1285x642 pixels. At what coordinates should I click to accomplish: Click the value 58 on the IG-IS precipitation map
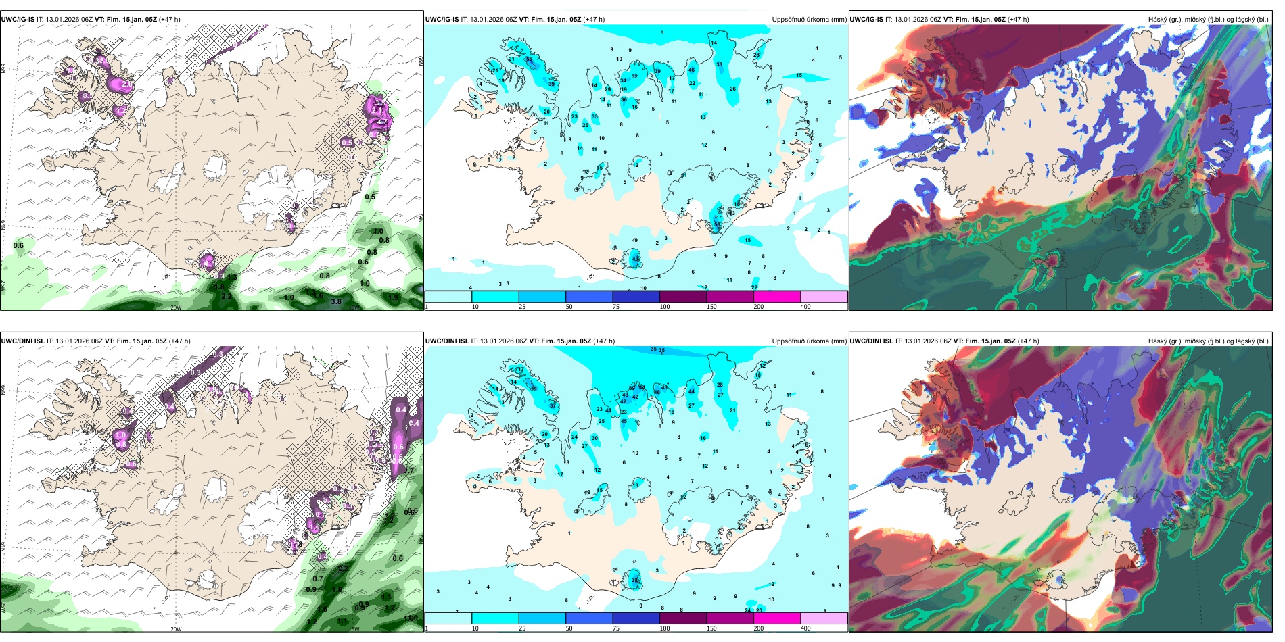pyautogui.click(x=529, y=59)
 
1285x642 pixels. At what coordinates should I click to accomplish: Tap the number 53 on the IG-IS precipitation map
pyautogui.click(x=718, y=225)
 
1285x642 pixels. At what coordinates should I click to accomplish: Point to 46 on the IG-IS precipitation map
pyautogui.click(x=691, y=70)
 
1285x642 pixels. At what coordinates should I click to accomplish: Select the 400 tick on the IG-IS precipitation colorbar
pyautogui.click(x=805, y=307)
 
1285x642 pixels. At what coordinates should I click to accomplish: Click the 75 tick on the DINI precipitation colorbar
pyautogui.click(x=616, y=628)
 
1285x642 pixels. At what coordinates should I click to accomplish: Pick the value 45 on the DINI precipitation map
pyautogui.click(x=624, y=421)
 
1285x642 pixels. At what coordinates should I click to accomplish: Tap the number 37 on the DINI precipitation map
pyautogui.click(x=553, y=405)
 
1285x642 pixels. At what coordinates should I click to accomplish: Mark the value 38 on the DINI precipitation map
pyautogui.click(x=635, y=581)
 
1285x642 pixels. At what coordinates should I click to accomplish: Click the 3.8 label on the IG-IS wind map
pyautogui.click(x=336, y=302)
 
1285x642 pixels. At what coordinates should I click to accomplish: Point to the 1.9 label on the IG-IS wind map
pyautogui.click(x=394, y=297)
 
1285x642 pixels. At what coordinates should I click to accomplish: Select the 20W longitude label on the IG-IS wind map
pyautogui.click(x=176, y=307)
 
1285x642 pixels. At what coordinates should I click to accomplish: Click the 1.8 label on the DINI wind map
pyautogui.click(x=337, y=589)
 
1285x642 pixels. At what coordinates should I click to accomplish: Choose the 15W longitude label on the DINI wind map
pyautogui.click(x=354, y=629)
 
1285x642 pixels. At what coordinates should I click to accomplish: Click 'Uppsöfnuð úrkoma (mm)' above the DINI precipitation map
pyautogui.click(x=809, y=341)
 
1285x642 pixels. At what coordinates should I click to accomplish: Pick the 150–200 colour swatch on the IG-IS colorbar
pyautogui.click(x=777, y=297)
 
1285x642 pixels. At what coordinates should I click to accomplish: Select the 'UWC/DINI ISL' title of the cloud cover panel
pyautogui.click(x=871, y=341)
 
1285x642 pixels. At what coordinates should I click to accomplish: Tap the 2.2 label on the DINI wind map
pyautogui.click(x=343, y=568)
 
